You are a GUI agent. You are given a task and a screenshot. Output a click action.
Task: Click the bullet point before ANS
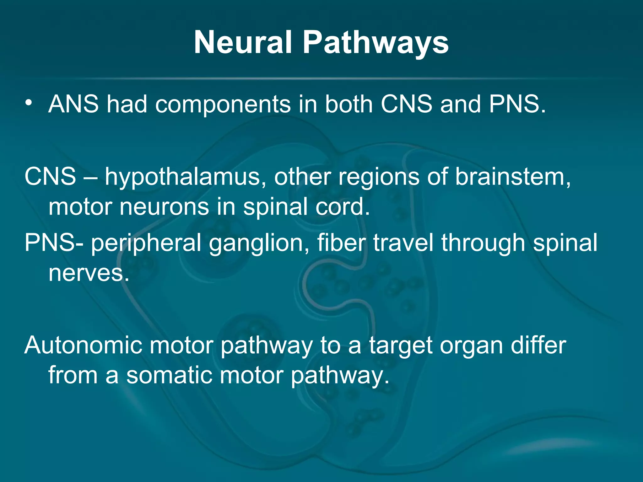pos(29,103)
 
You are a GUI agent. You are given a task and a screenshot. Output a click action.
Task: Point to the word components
pos(223,105)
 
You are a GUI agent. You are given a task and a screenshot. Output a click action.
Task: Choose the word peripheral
pos(146,244)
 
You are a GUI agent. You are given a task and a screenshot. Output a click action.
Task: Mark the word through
pos(484,244)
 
